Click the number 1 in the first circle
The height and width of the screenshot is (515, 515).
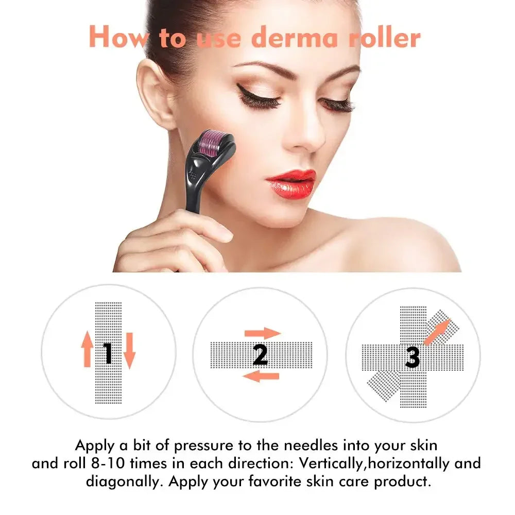pyautogui.click(x=108, y=353)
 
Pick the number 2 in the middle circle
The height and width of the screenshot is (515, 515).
pyautogui.click(x=260, y=354)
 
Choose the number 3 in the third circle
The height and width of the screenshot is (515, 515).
pyautogui.click(x=413, y=356)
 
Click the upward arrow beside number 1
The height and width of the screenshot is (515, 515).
pyautogui.click(x=87, y=349)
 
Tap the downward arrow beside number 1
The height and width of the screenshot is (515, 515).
pyautogui.click(x=129, y=350)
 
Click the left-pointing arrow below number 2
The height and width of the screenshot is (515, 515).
pyautogui.click(x=261, y=376)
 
